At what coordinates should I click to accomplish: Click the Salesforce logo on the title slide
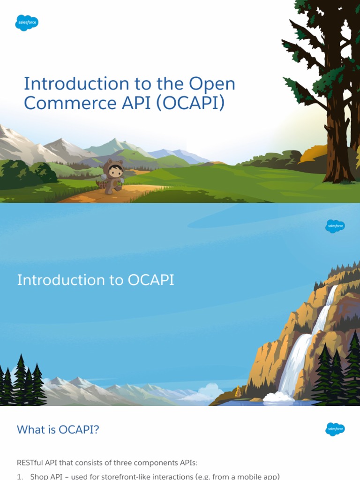[x=27, y=22]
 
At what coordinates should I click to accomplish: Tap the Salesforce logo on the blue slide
[x=335, y=226]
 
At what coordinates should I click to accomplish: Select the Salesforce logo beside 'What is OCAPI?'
[x=335, y=429]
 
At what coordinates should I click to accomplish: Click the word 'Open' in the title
[x=212, y=84]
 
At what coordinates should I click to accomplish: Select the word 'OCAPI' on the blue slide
[x=150, y=280]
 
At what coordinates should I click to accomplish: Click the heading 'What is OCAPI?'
[x=58, y=429]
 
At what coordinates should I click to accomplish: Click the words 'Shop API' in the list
[x=46, y=476]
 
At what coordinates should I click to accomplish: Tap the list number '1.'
[x=20, y=476]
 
